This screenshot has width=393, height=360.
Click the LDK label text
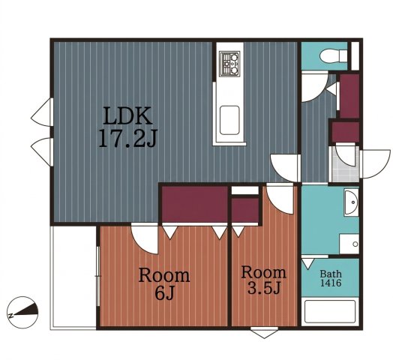tap(127, 115)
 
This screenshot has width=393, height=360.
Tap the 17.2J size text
tap(127, 138)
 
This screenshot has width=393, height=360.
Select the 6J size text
tap(164, 292)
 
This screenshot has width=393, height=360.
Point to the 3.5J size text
tap(263, 287)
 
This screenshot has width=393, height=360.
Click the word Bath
tap(331, 274)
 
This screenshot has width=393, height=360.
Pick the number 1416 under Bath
tap(331, 283)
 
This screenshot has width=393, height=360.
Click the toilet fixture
tap(334, 55)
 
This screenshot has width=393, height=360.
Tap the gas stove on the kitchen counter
tap(229, 64)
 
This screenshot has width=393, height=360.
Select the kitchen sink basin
tap(229, 120)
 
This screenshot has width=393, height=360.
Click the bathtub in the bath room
tap(330, 311)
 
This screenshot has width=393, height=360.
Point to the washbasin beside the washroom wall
tap(351, 202)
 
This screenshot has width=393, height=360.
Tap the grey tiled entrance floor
tap(345, 164)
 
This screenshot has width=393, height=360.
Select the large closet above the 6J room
tap(194, 204)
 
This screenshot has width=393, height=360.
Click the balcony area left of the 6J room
tap(73, 277)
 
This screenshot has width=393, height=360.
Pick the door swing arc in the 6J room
tap(140, 245)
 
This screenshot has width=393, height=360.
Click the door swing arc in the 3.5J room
tap(276, 206)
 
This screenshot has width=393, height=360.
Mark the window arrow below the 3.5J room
tap(264, 333)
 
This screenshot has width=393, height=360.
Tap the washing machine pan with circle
tap(349, 244)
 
